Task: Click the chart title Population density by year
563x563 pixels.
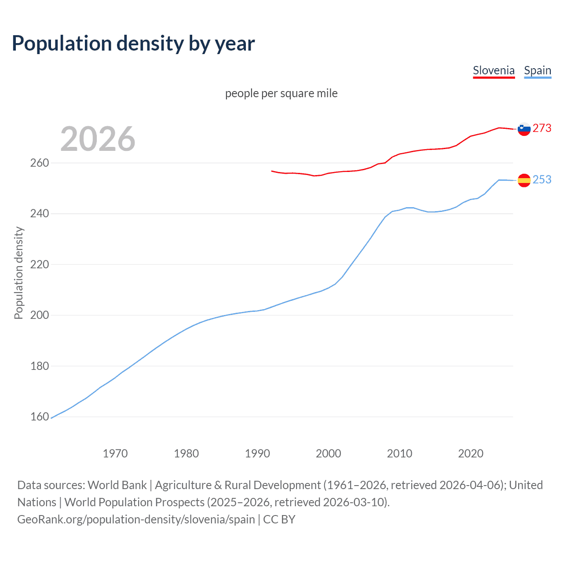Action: point(133,44)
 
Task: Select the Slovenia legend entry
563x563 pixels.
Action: point(494,71)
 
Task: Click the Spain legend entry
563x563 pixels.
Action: point(537,71)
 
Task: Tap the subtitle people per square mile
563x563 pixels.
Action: point(281,93)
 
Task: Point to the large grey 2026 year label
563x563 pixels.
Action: point(98,139)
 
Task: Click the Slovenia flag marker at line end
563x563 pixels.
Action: point(524,129)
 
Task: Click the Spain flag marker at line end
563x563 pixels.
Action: point(524,180)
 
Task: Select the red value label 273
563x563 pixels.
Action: point(542,128)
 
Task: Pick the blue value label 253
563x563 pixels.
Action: point(542,179)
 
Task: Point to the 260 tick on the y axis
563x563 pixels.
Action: point(40,163)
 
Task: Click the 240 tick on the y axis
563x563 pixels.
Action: point(40,214)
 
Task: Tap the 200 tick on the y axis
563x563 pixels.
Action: point(40,315)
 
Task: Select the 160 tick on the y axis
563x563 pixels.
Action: point(40,417)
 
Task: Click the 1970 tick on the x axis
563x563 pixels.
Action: point(115,453)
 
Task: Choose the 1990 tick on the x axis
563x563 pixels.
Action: point(257,453)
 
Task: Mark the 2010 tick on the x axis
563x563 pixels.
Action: point(399,453)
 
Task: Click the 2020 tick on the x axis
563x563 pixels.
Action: point(471,453)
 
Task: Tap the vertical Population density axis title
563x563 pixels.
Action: point(18,273)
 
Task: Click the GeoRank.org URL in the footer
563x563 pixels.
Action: point(136,519)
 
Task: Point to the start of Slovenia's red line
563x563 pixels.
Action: point(272,171)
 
